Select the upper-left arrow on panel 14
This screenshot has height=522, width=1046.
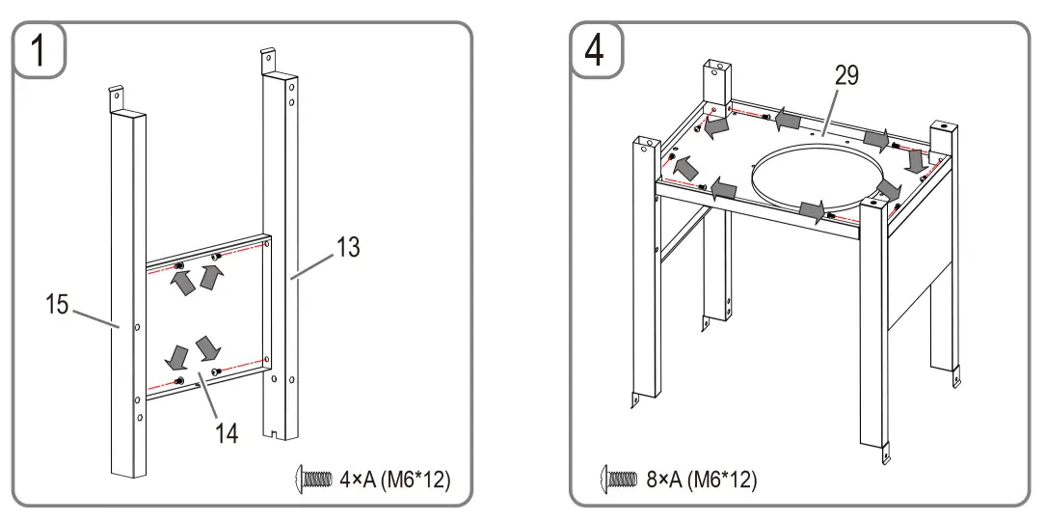tap(179, 281)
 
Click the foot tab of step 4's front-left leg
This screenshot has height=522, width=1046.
tap(636, 397)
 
